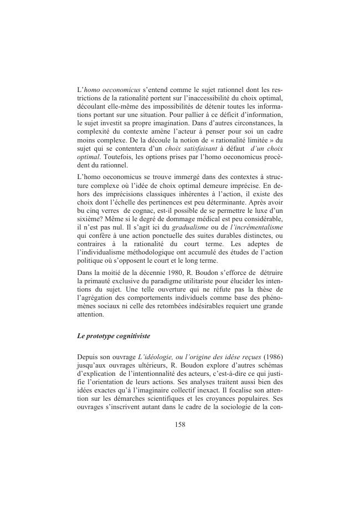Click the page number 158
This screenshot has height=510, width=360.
pyautogui.click(x=179, y=425)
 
